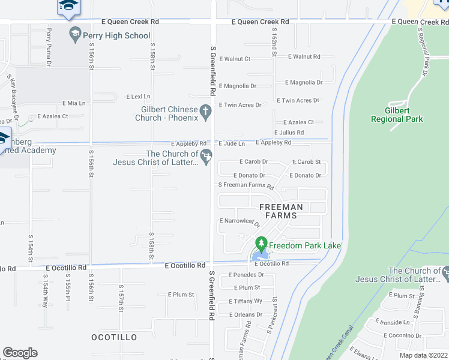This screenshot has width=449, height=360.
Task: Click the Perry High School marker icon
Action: point(75,34)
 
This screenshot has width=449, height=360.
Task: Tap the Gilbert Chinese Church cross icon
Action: point(205,110)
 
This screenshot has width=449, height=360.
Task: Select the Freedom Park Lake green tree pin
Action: point(261,244)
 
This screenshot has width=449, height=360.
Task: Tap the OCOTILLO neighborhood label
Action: point(114,338)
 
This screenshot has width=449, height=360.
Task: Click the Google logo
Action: point(20,353)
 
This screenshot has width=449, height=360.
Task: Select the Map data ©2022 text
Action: point(423,355)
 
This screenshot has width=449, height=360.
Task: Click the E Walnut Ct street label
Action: point(235,59)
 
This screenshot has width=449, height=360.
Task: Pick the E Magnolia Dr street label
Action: point(238,86)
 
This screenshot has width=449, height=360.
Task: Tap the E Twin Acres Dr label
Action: point(240,105)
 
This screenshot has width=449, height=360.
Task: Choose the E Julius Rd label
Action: point(289,133)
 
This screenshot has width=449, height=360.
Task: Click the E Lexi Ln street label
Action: point(138,97)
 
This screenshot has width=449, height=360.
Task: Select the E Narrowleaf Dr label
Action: point(240,221)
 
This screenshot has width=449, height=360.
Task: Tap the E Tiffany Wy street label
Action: point(246,301)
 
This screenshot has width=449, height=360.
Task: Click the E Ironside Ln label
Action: point(394,322)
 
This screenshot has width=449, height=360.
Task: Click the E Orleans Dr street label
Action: point(246,314)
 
